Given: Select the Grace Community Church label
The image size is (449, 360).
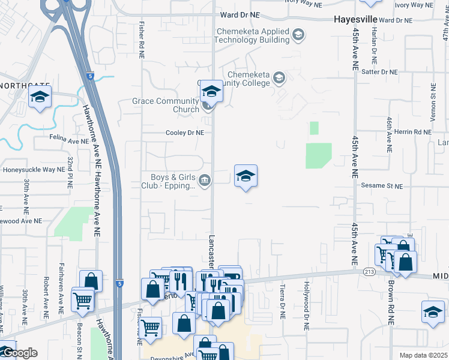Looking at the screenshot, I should pyautogui.click(x=166, y=105).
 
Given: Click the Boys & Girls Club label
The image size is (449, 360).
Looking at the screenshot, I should pyautogui.click(x=169, y=181).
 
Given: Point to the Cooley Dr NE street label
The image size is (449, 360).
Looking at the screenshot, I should pyautogui.click(x=185, y=133).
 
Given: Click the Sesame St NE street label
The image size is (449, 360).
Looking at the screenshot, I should pyautogui.click(x=382, y=187).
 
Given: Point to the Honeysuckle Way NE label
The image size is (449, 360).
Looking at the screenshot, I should pyautogui.click(x=34, y=170).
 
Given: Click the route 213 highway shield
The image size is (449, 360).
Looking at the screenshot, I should pyautogui.click(x=369, y=272).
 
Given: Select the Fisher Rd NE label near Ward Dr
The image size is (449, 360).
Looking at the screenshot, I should pyautogui.click(x=142, y=40).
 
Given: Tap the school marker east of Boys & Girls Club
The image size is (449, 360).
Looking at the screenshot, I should pyautogui.click(x=246, y=176).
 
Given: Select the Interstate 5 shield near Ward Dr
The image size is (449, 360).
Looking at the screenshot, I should pyautogui.click(x=89, y=76).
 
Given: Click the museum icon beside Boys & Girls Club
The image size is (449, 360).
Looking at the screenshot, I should pyautogui.click(x=205, y=181).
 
